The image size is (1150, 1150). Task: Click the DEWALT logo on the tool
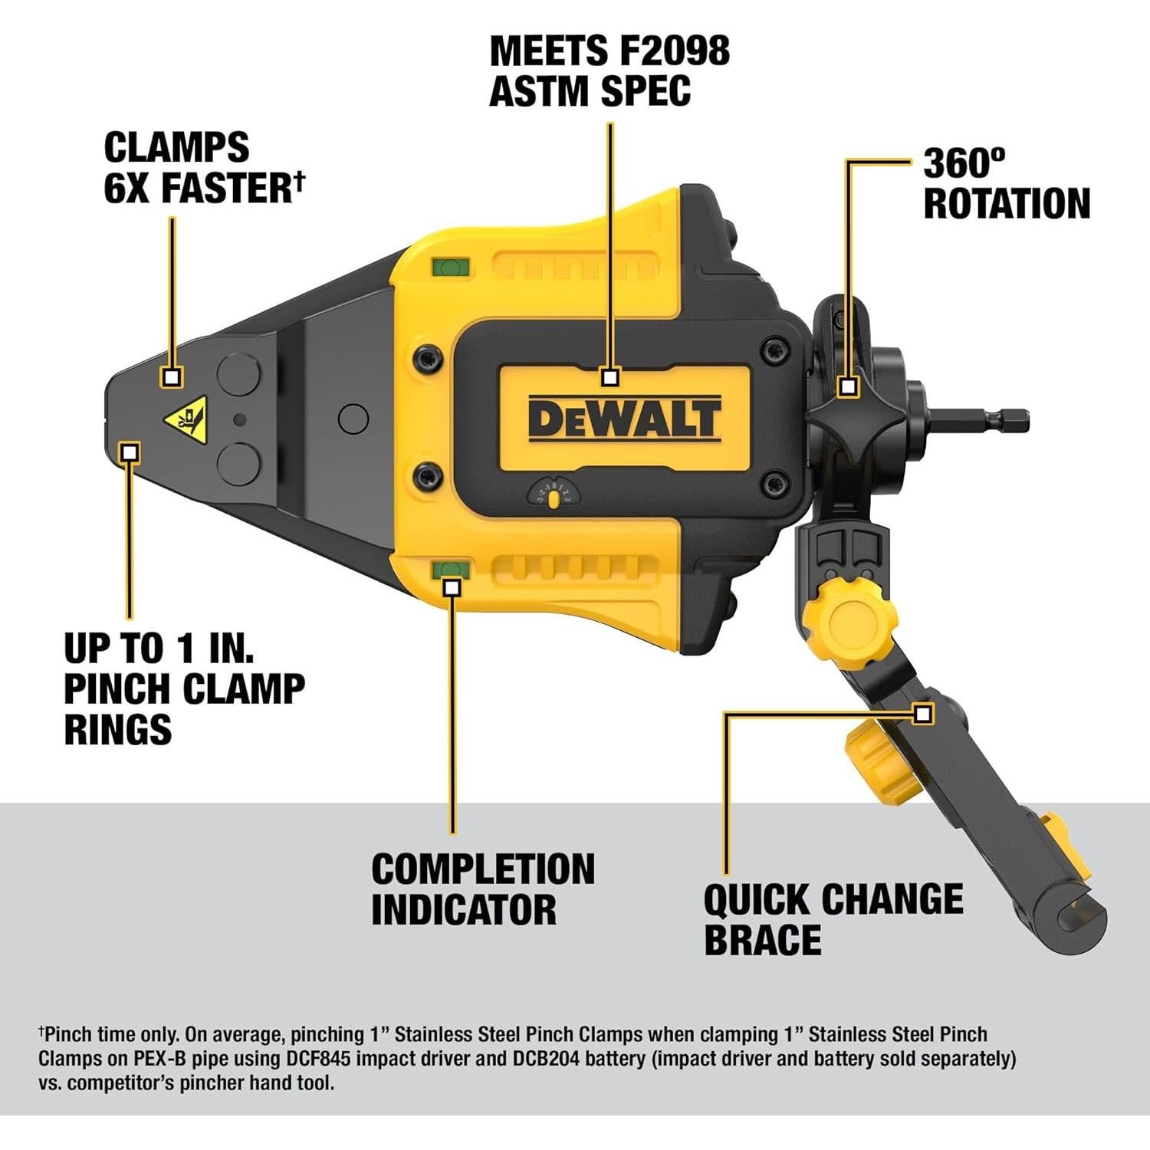[624, 419]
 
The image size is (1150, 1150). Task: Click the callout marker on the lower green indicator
[452, 587]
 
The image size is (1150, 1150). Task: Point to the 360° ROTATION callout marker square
[847, 386]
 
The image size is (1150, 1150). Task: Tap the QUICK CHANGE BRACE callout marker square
[923, 714]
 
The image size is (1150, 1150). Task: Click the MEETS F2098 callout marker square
[610, 377]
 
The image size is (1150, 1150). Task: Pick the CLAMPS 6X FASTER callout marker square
[172, 376]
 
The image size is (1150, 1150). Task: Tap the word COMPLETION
[483, 869]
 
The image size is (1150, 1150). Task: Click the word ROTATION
[1006, 204]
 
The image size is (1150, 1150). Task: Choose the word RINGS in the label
[117, 729]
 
